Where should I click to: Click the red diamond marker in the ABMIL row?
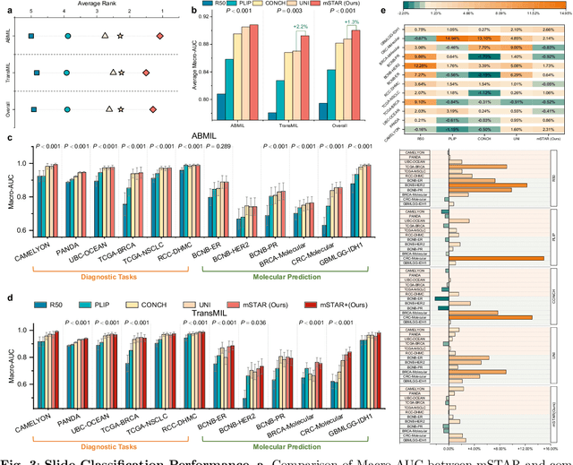coord(160,36)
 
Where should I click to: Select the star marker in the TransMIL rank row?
coord(121,73)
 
